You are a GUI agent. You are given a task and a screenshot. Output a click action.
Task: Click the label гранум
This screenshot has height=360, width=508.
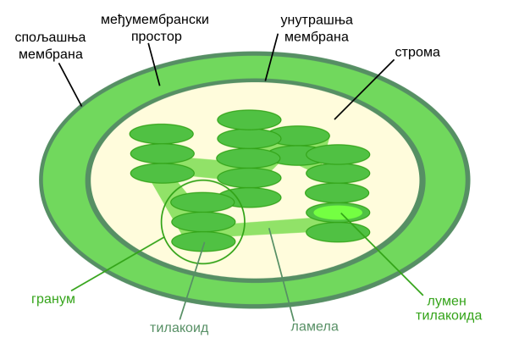coord(53,299)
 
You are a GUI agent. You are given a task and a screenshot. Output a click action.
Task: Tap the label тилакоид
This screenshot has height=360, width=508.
coord(179,328)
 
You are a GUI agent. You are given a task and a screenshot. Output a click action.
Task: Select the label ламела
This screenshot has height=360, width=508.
coord(314,327)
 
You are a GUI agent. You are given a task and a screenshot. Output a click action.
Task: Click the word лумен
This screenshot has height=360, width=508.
coord(446,301)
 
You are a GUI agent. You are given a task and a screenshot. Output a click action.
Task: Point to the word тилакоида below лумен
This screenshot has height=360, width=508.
coord(449,316)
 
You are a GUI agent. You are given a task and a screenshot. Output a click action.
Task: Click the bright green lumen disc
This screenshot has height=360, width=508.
coord(338,213)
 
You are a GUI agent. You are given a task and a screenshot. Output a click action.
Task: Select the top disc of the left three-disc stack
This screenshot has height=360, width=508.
coord(161,134)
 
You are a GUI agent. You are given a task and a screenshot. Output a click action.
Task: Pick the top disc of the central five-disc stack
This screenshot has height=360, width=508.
coord(249,119)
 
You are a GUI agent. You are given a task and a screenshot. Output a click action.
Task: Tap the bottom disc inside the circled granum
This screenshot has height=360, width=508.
coord(203,241)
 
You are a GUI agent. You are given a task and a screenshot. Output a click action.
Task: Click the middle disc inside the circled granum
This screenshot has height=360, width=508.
coord(203,222)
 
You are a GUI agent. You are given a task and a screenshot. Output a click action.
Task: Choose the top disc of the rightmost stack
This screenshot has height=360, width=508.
coord(338,154)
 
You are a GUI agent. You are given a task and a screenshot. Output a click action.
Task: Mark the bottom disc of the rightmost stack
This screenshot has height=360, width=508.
coord(338,232)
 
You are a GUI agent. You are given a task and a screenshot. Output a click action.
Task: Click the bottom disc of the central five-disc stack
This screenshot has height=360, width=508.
coord(249,197)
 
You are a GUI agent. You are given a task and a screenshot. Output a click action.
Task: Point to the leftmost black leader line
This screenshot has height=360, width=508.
coord(157,75)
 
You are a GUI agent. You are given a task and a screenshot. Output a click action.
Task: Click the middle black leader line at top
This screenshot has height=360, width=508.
coord(269,66)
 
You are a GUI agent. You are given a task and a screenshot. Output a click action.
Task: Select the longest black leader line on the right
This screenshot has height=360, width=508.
coord(356,97)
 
